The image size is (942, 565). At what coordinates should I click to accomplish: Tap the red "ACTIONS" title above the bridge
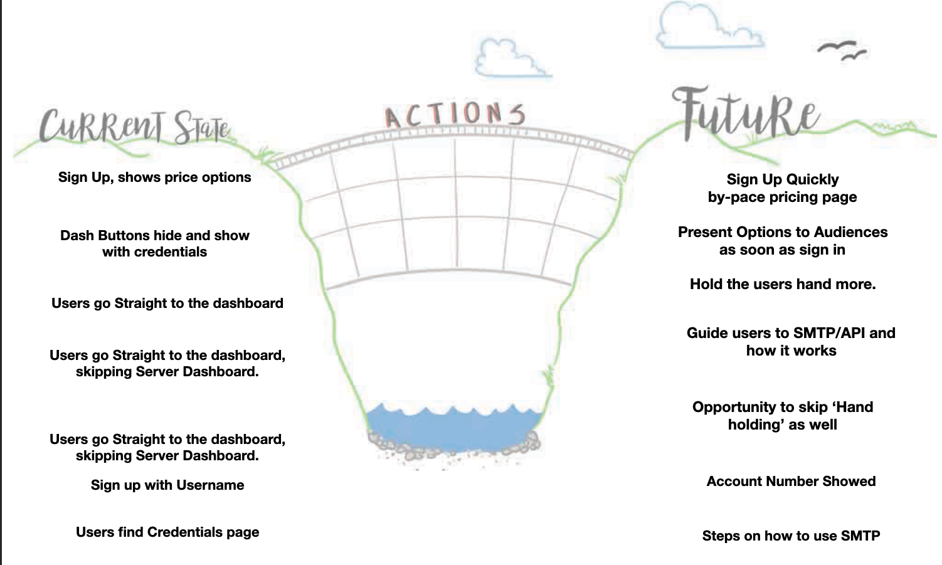tap(455, 115)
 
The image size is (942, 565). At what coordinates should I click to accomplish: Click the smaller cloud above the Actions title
tap(509, 60)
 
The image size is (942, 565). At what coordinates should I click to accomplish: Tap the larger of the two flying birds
tap(837, 46)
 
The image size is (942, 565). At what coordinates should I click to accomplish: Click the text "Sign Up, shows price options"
tap(154, 177)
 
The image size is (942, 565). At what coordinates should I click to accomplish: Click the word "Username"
tap(210, 485)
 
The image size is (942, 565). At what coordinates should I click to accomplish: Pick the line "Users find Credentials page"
tap(167, 532)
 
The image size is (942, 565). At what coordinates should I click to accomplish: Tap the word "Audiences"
tap(850, 233)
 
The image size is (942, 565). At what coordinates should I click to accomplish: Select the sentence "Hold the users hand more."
tap(783, 285)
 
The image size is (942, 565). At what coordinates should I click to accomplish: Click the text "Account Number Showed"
tap(791, 482)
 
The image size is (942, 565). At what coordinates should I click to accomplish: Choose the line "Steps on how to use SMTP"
tap(791, 536)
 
